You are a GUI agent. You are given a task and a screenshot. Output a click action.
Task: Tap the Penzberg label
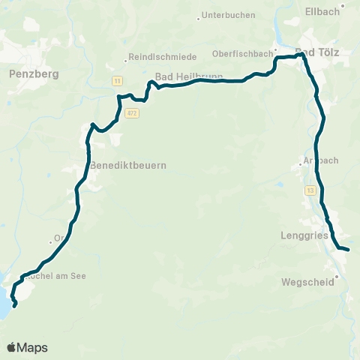(30, 73)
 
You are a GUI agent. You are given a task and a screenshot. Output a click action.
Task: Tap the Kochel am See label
(57, 276)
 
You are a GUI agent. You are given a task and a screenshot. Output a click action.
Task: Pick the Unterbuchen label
(229, 15)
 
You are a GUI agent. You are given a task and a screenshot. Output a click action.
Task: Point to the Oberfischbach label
(241, 53)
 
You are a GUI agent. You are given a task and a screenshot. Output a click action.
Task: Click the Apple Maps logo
(28, 347)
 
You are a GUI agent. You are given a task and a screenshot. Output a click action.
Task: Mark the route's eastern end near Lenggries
(349, 249)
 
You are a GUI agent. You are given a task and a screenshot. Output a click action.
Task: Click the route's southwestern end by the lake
(16, 305)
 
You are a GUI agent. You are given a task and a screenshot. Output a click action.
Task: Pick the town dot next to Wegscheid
(337, 276)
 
